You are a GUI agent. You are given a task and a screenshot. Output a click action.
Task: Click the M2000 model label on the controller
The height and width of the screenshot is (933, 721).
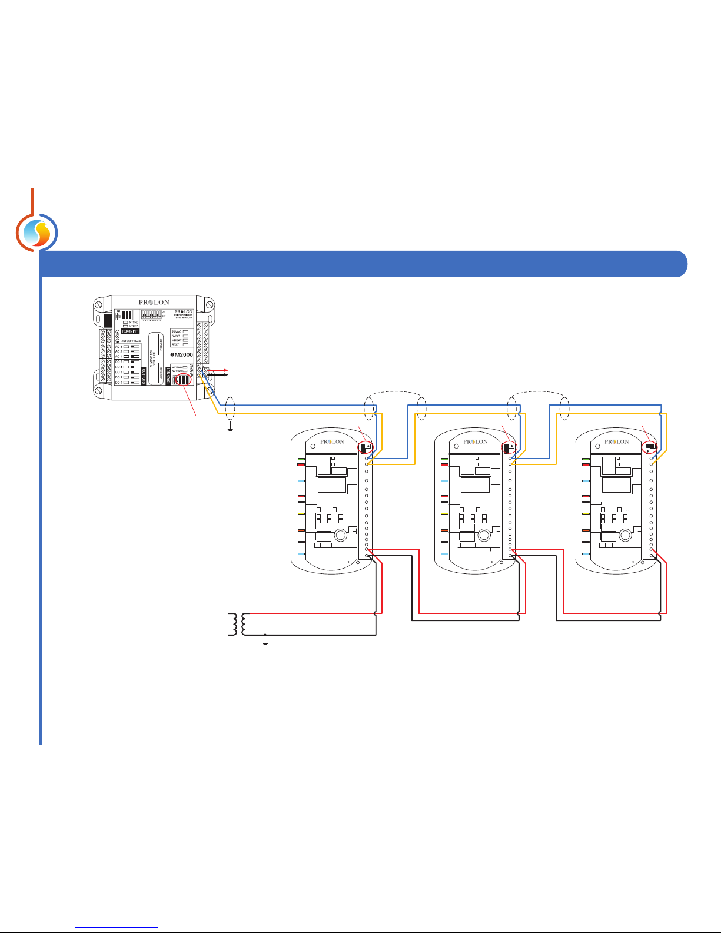point(183,355)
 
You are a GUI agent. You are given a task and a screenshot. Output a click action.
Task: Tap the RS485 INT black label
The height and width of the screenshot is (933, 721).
point(130,331)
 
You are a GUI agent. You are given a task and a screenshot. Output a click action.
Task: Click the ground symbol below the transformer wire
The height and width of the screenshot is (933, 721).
point(265,643)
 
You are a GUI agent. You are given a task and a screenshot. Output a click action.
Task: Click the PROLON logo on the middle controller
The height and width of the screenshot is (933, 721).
point(476,441)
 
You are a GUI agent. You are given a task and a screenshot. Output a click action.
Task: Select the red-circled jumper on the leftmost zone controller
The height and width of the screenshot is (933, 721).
point(366,447)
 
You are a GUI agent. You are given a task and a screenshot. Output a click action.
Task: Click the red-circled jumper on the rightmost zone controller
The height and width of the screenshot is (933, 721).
point(650,448)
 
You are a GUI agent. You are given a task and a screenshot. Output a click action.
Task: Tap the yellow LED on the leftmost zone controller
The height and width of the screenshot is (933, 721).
point(301,513)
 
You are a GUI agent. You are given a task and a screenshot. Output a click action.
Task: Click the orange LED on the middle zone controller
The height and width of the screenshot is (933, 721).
point(444,530)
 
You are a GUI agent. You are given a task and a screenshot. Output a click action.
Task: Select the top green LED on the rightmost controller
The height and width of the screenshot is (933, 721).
point(586,459)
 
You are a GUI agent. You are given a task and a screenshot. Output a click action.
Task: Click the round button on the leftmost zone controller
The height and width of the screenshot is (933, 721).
point(340,535)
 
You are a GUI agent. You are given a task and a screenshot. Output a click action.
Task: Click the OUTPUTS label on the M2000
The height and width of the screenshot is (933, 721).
point(144,377)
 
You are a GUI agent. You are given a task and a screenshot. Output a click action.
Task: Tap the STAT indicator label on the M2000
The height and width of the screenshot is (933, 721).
point(175,345)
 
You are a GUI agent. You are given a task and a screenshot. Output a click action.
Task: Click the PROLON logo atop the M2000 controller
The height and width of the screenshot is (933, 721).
point(154,303)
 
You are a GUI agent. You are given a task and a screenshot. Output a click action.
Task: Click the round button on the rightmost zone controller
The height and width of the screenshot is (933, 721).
point(625,535)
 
